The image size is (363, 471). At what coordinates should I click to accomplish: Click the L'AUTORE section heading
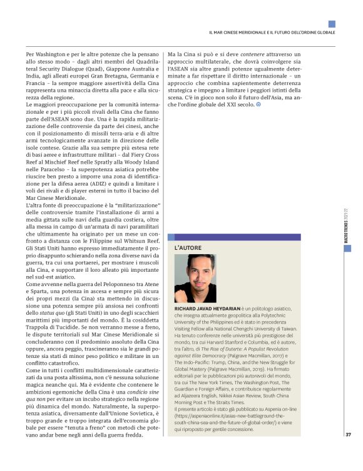coord(188,248)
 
